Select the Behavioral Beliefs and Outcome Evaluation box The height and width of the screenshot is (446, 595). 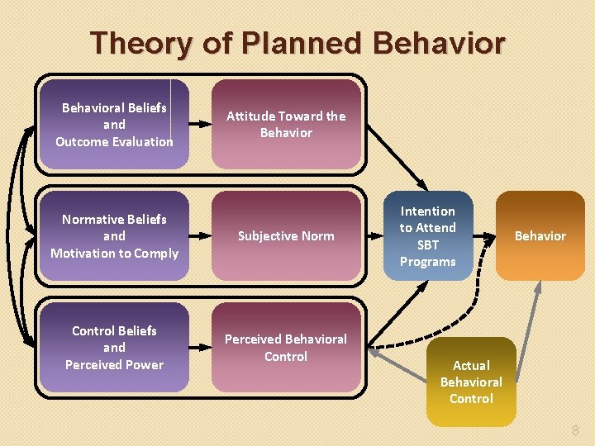pos(114,124)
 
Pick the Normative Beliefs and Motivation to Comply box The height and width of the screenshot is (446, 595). pos(114,236)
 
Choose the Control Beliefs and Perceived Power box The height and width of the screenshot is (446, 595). pos(114,347)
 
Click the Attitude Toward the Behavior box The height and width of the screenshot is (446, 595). pos(286,124)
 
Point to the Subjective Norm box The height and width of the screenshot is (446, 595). pos(286,236)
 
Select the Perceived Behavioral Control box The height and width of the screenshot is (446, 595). pos(286,347)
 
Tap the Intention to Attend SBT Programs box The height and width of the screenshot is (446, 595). pos(427,236)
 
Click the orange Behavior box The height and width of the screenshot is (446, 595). pos(540,236)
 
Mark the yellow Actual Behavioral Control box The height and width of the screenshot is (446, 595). pos(471,382)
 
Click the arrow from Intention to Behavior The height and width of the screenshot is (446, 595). pos(484,236)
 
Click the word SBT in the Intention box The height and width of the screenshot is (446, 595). pos(427,244)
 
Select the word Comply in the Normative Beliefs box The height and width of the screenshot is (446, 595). pos(155,253)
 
